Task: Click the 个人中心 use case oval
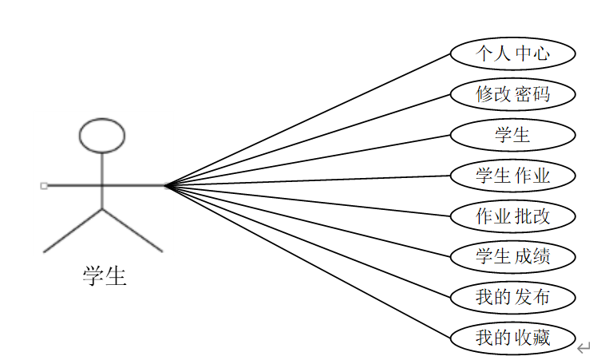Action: click(512, 53)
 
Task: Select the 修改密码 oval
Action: click(512, 94)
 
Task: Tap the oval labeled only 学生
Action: click(512, 135)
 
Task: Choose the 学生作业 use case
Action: click(512, 176)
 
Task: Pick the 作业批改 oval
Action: click(512, 216)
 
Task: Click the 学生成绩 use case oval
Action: click(512, 256)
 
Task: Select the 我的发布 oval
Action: click(512, 297)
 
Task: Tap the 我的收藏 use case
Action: click(512, 338)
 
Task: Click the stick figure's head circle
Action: click(102, 136)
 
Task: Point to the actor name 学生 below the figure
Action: click(105, 276)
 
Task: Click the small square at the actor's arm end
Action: click(44, 186)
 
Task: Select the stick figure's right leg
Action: click(132, 230)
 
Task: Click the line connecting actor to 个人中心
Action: click(308, 121)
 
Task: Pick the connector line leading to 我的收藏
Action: click(308, 261)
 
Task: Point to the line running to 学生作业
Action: click(308, 181)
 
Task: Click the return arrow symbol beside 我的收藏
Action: click(584, 346)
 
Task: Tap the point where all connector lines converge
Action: click(166, 186)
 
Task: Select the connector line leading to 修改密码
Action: click(308, 140)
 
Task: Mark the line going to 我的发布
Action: click(308, 241)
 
